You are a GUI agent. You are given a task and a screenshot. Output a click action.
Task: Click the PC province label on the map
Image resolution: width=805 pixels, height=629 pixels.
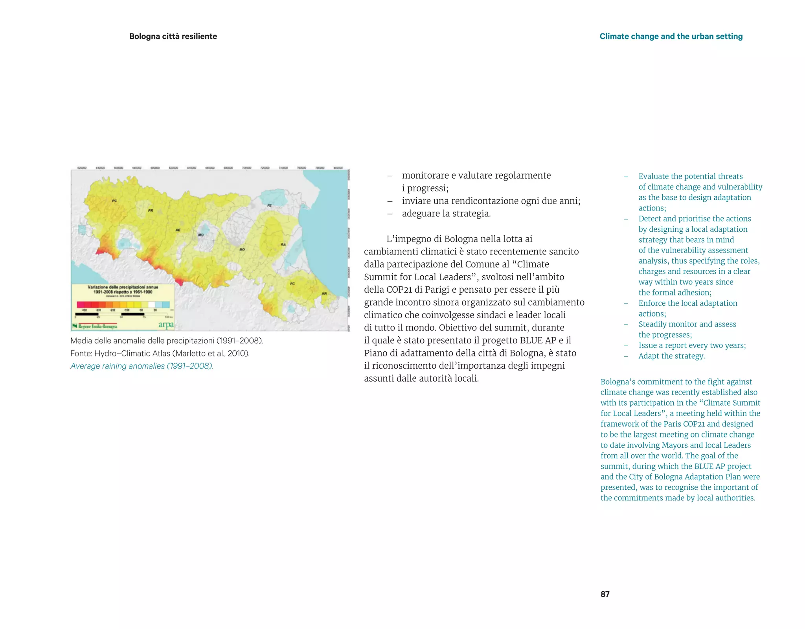pos(114,201)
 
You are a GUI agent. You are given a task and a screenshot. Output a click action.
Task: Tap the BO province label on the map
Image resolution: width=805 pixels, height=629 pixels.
pos(242,249)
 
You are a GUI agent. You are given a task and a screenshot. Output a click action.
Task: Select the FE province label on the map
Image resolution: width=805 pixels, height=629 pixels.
pos(269,205)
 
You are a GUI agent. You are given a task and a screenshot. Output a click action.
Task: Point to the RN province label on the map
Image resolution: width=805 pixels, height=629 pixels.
pos(324,293)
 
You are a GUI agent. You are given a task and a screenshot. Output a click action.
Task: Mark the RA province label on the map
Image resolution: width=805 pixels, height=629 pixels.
pos(283,245)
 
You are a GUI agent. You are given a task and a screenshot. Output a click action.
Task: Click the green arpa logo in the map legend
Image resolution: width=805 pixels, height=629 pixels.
pos(166,325)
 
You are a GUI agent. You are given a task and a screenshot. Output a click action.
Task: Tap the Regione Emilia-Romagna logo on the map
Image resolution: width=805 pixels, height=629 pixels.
pos(95,326)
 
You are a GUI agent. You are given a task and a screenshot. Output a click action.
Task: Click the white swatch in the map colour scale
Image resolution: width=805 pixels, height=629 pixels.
pos(151,304)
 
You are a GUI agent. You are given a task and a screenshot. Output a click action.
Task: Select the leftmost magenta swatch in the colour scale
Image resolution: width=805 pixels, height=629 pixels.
pos(80,304)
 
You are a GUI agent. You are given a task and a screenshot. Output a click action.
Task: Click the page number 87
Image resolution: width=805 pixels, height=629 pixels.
pos(605,594)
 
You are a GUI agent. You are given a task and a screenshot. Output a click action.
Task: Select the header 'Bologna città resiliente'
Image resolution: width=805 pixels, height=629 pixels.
pos(173,36)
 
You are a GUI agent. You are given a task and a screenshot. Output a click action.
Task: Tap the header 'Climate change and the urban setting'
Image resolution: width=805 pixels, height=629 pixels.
pos(671,36)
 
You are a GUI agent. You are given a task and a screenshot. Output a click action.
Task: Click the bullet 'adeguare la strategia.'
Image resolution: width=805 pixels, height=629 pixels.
pos(446,214)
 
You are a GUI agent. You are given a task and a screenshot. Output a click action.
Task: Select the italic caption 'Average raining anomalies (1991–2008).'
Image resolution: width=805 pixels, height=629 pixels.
pos(142,366)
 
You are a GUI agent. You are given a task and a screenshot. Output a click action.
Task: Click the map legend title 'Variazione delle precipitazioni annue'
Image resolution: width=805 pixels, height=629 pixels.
pos(123,287)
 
